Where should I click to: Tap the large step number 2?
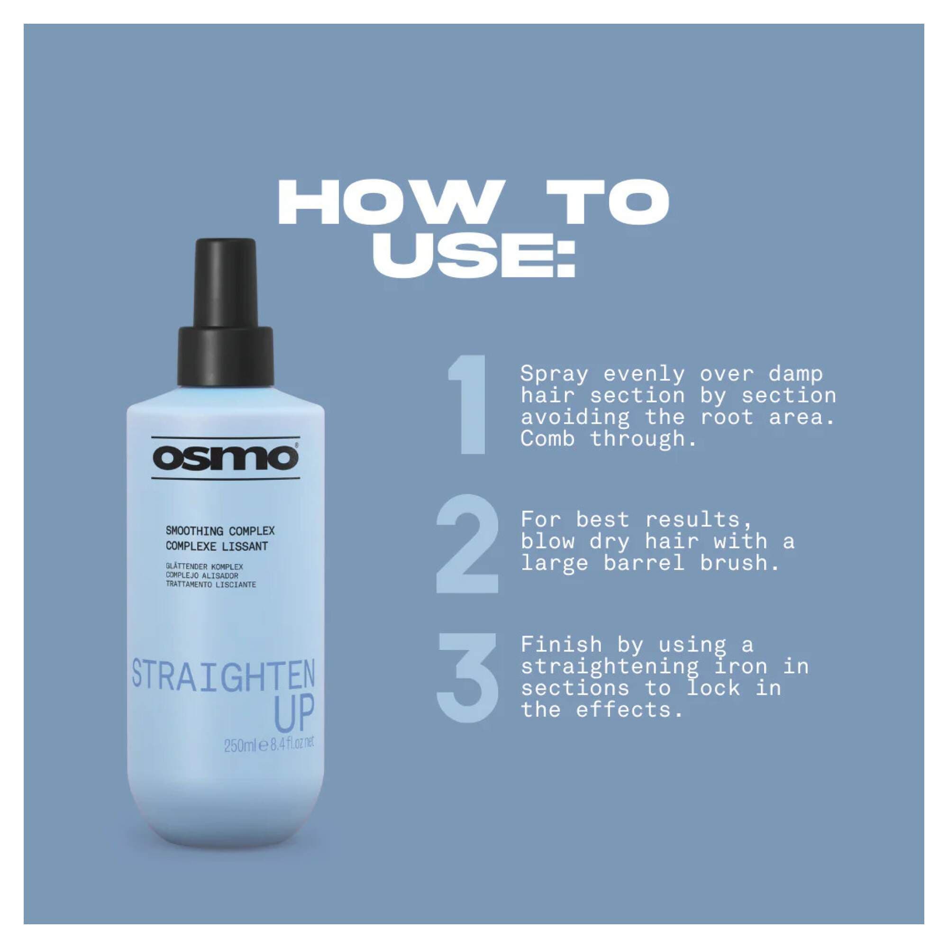coord(467,544)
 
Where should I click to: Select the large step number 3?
coord(467,678)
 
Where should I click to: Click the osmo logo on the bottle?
coord(225,458)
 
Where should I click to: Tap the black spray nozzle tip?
coord(225,280)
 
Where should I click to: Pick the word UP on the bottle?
coord(294,714)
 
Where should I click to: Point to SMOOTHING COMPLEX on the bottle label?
coord(220,531)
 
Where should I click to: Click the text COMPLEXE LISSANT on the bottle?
coord(217,546)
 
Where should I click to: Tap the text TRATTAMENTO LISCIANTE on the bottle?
coord(210,584)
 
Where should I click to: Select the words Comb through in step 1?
coord(608,438)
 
